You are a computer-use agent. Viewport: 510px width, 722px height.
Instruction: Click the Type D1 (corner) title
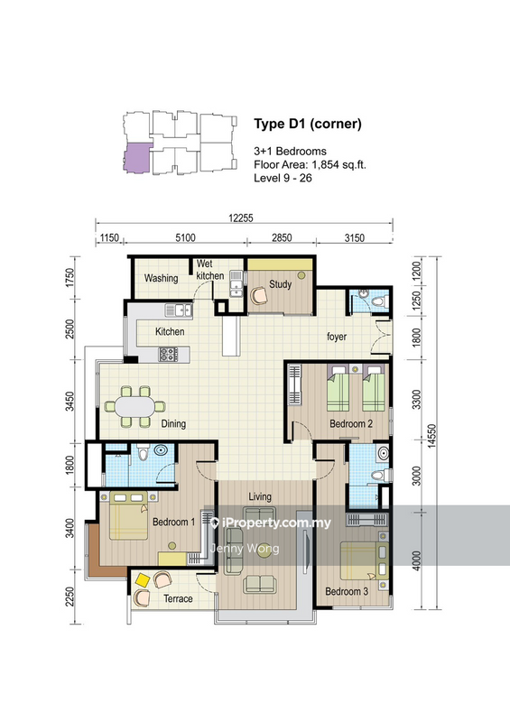point(308,124)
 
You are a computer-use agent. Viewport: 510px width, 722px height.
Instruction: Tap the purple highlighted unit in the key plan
point(137,158)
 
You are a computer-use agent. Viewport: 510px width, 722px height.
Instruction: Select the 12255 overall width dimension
point(241,218)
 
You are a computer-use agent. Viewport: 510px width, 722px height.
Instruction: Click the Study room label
point(281,284)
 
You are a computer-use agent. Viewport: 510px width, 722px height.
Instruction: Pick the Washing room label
point(161,278)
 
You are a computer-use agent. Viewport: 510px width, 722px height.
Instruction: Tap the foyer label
point(337,337)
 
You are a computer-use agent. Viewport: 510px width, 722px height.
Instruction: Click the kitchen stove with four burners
point(168,354)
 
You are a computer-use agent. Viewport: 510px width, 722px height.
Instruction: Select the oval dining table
point(135,407)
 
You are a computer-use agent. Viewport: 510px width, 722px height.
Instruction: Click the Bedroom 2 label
point(351,423)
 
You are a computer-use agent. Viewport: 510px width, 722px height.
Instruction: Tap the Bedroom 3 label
point(347,591)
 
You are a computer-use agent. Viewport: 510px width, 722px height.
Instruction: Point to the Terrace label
point(178,598)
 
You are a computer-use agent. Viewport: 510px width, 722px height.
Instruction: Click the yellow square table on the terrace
point(143,580)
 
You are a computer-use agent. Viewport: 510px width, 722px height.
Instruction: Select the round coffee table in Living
point(264,551)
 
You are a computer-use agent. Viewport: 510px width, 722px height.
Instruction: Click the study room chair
point(258,296)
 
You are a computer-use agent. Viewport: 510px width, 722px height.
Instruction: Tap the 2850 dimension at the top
point(282,237)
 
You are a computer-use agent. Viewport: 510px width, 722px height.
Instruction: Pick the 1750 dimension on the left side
point(70,278)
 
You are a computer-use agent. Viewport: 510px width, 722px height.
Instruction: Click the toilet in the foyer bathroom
point(379,302)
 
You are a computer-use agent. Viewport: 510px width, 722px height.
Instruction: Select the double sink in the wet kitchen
point(236,283)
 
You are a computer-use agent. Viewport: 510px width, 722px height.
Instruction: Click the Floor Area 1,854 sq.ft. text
point(310,165)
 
